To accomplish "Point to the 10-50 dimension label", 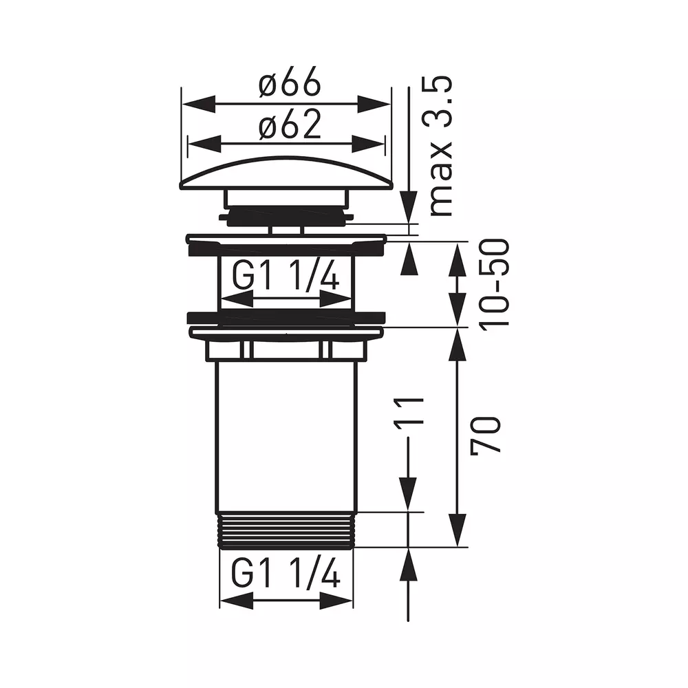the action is (495, 282).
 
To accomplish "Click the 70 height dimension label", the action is (485, 434).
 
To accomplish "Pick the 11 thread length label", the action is (409, 411).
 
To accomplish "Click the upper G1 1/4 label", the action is (286, 275).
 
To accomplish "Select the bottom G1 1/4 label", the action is (286, 574).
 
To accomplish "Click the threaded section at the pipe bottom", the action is (286, 530).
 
